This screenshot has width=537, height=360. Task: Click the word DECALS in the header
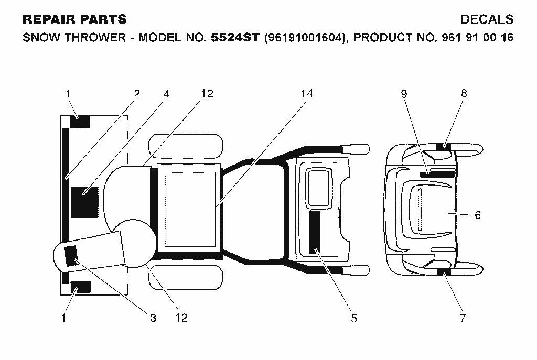487,19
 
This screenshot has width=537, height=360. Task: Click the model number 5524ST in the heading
235,37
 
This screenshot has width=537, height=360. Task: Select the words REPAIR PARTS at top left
74,19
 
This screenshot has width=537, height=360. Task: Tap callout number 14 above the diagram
307,93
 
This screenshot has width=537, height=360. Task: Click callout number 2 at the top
137,94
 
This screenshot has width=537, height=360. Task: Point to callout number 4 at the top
166,94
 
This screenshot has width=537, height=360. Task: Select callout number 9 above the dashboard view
404,94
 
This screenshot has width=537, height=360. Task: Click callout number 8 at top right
464,93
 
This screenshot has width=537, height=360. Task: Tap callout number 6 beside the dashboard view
478,215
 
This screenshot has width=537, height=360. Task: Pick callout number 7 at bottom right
463,318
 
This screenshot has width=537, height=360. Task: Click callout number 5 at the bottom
354,318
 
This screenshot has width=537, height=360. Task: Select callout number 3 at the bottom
153,318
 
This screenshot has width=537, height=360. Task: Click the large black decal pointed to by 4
85,202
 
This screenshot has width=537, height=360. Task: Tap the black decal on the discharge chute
71,256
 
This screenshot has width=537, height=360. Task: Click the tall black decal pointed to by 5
315,232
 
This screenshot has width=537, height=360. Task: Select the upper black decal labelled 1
80,122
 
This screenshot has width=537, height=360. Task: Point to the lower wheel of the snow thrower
186,277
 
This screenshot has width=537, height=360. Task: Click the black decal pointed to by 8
444,146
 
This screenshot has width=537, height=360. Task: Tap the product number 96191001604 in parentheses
304,37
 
